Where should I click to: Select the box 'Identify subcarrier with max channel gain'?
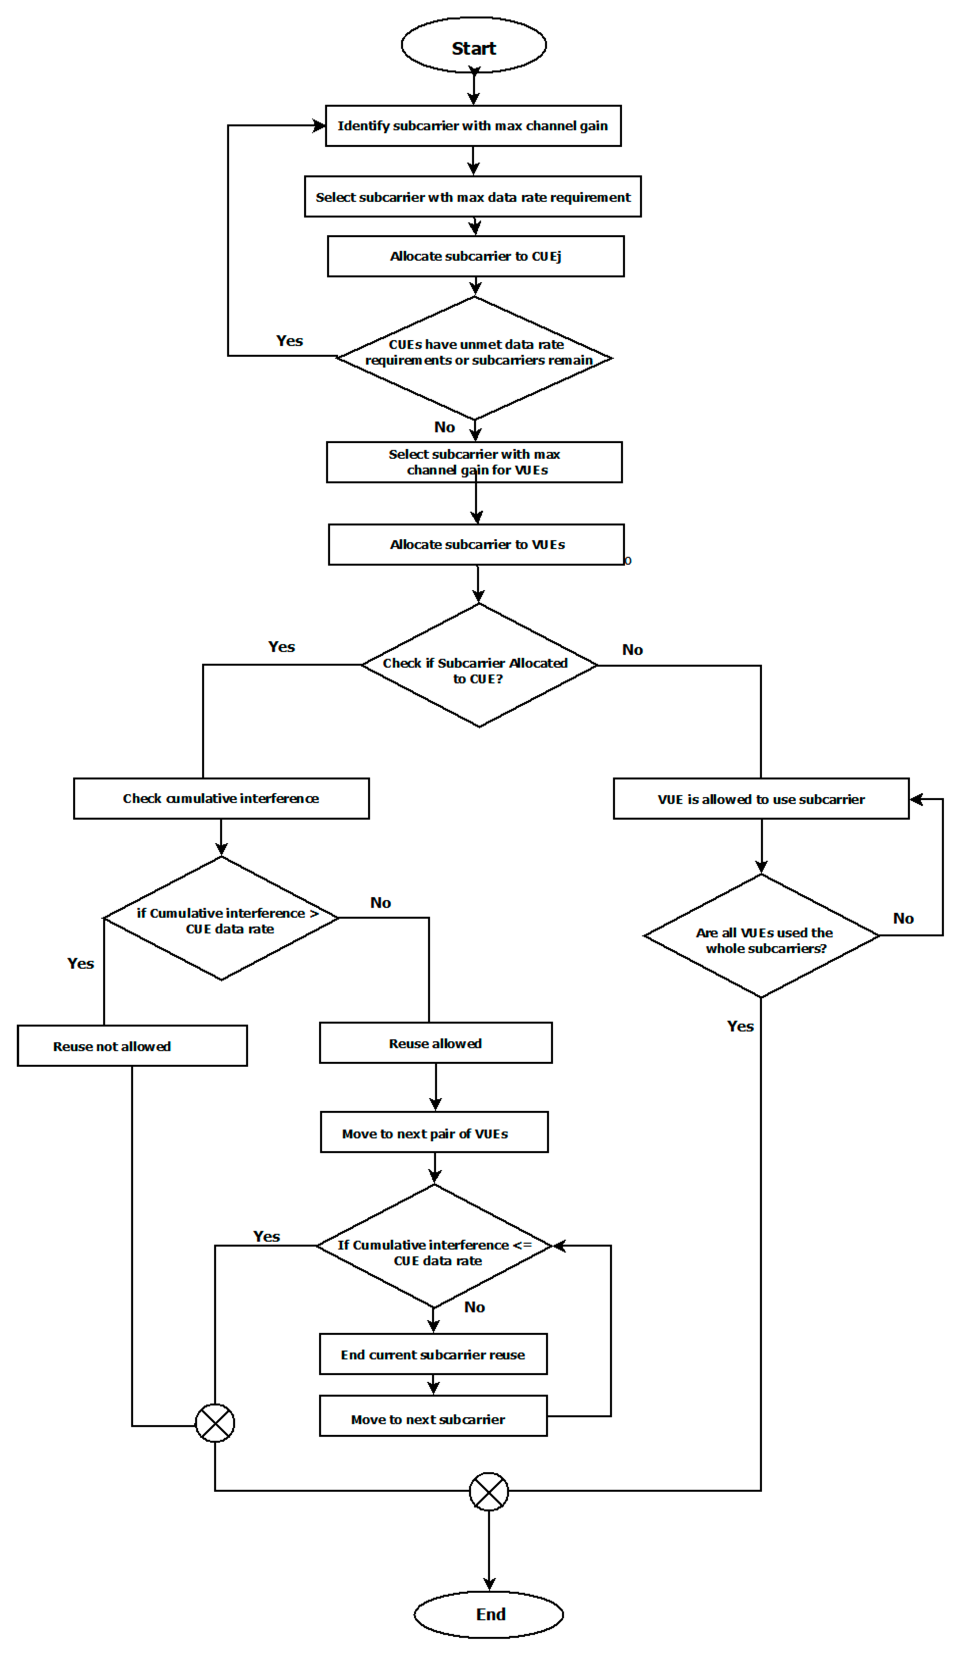point(473,126)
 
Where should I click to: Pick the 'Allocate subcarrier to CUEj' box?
point(475,256)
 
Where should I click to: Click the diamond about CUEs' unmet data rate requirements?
point(474,358)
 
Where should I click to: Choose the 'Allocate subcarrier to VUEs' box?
point(476,544)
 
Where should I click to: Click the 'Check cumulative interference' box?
point(221,798)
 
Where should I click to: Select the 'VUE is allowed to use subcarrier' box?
point(761,799)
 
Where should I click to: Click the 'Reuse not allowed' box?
point(132,1046)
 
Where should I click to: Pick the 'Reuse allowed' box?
point(436,1043)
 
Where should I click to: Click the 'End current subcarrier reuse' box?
point(433,1355)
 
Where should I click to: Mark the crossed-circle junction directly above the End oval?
point(489,1492)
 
